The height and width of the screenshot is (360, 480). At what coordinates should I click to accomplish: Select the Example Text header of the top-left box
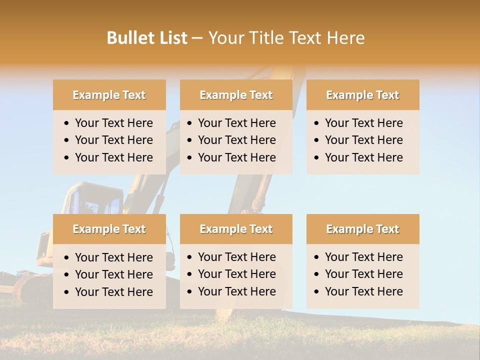[109, 95]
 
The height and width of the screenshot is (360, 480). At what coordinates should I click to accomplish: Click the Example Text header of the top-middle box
[236, 95]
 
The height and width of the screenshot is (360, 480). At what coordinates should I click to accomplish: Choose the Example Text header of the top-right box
[362, 95]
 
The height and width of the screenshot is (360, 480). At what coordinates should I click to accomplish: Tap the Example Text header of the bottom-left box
[109, 229]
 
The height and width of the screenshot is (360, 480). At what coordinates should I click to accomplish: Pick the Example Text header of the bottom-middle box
[236, 229]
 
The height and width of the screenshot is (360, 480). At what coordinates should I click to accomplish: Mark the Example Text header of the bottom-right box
[362, 229]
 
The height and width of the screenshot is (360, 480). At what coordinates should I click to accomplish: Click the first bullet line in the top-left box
[113, 123]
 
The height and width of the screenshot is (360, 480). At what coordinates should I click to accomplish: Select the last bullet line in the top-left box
[113, 157]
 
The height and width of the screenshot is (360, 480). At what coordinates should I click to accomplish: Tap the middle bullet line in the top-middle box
[236, 140]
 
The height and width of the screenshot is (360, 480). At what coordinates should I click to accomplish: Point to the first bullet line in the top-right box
[363, 123]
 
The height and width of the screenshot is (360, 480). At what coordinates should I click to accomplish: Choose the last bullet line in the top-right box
[363, 157]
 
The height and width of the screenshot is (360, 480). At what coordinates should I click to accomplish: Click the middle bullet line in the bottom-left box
[113, 274]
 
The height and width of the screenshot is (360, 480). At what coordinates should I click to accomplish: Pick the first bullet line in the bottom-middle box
[236, 257]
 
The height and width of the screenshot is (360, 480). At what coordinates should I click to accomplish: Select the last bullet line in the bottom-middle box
[236, 291]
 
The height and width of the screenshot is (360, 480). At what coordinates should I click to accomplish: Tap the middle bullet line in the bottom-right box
[363, 274]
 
